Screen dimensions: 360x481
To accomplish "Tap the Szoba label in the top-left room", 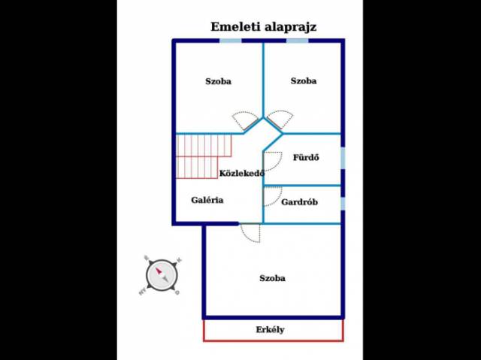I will click(218, 81).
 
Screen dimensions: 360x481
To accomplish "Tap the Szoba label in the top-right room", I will click(304, 81).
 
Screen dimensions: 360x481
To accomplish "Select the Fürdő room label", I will click(306, 158).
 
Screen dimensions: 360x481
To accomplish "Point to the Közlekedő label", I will click(241, 174).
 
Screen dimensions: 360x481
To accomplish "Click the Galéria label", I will click(207, 200).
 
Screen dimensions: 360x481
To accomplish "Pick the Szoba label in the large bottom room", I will click(272, 279).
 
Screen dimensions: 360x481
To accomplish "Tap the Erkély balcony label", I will click(271, 330).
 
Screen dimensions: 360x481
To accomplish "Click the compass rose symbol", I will click(161, 274).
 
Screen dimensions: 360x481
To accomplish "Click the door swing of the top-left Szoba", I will click(246, 119).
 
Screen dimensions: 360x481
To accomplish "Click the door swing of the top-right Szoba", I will click(280, 119).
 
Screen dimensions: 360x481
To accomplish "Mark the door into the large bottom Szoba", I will click(251, 233).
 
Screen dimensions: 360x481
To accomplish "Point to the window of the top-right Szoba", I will click(298, 41).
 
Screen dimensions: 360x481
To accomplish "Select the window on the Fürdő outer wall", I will click(343, 158).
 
